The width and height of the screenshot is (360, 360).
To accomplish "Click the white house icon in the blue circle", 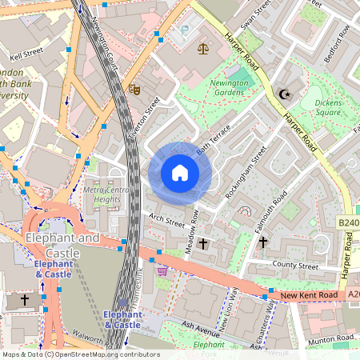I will [x=180, y=173].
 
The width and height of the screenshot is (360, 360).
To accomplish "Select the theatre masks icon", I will [x=134, y=90].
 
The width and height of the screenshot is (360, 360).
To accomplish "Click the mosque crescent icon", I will [x=282, y=94].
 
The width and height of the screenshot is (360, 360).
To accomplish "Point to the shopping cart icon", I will [x=163, y=271].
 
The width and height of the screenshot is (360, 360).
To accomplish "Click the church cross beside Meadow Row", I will [x=203, y=243].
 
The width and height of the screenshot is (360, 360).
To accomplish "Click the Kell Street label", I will [x=26, y=57].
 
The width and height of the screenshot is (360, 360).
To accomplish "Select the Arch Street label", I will [x=166, y=218].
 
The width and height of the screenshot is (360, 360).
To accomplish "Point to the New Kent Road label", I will [x=307, y=297].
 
